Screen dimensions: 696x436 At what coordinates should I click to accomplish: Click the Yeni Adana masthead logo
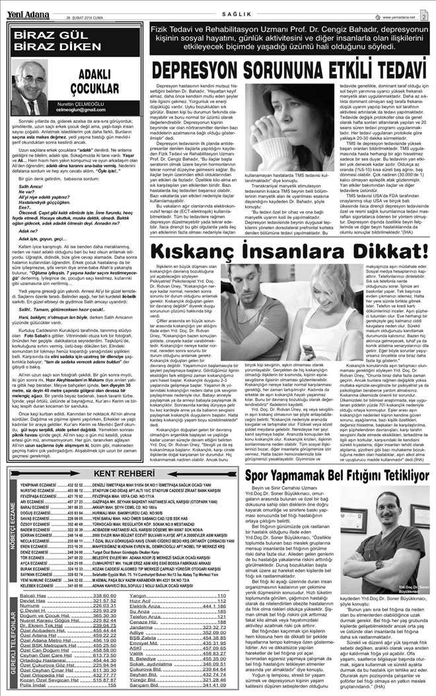click(x=23, y=6)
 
